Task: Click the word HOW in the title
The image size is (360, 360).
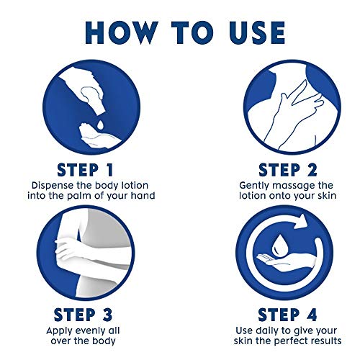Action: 122,33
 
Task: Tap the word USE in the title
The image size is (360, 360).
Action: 257,33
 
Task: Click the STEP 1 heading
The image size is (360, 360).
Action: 85,170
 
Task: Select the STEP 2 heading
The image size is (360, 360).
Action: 288,170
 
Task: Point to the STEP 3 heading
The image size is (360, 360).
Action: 83,315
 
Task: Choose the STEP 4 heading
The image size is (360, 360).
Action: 287,315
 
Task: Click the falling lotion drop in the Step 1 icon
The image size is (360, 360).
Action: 100,124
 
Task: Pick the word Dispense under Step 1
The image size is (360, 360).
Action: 52,186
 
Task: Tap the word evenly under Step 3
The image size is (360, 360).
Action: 88,331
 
